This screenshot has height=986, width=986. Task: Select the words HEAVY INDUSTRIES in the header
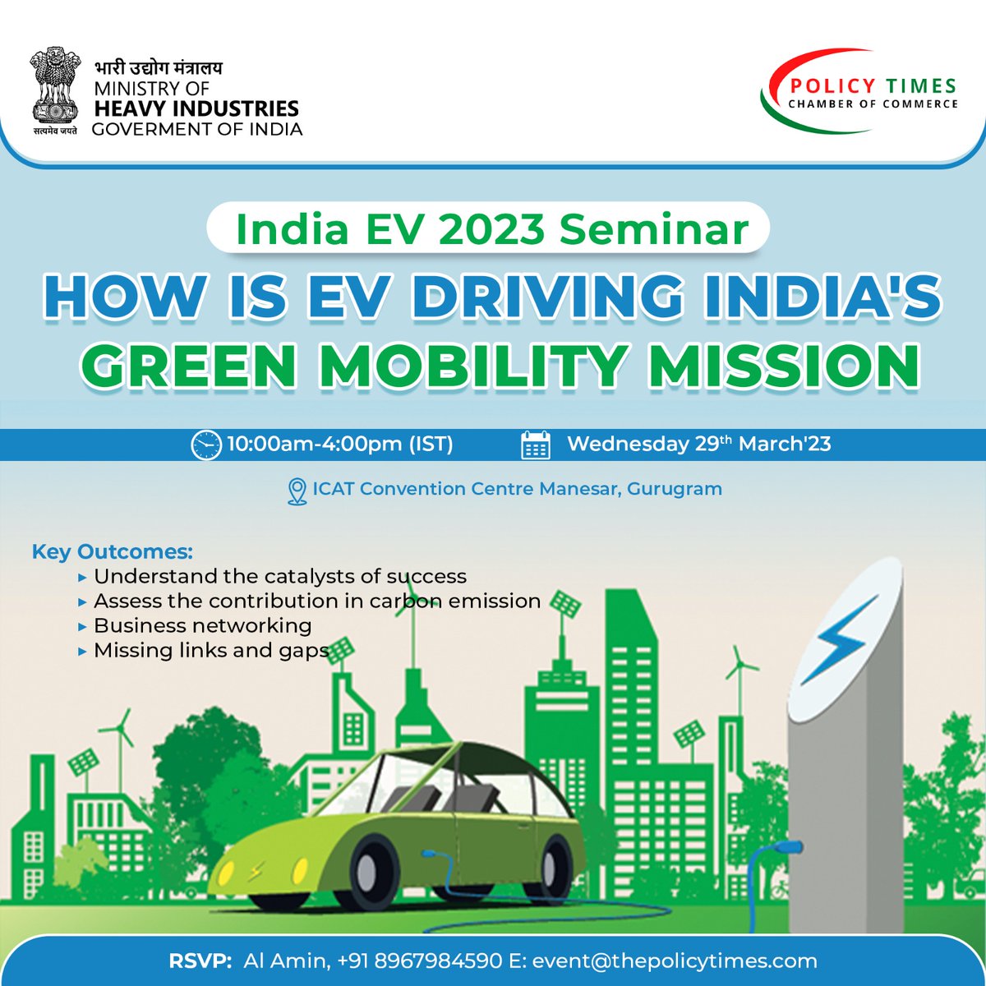pyautogui.click(x=196, y=108)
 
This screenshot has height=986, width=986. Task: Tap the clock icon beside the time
pyautogui.click(x=206, y=445)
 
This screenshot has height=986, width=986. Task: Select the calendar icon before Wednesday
pyautogui.click(x=536, y=445)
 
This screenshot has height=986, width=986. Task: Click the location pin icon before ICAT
pyautogui.click(x=297, y=491)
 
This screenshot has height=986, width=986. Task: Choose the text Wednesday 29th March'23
pyautogui.click(x=698, y=445)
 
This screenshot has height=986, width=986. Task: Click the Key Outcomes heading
pyautogui.click(x=113, y=551)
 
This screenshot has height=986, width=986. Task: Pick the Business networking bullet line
pyautogui.click(x=202, y=625)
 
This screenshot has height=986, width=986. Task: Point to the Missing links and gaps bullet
pyautogui.click(x=211, y=650)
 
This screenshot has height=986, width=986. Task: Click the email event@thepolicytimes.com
pyautogui.click(x=674, y=961)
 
